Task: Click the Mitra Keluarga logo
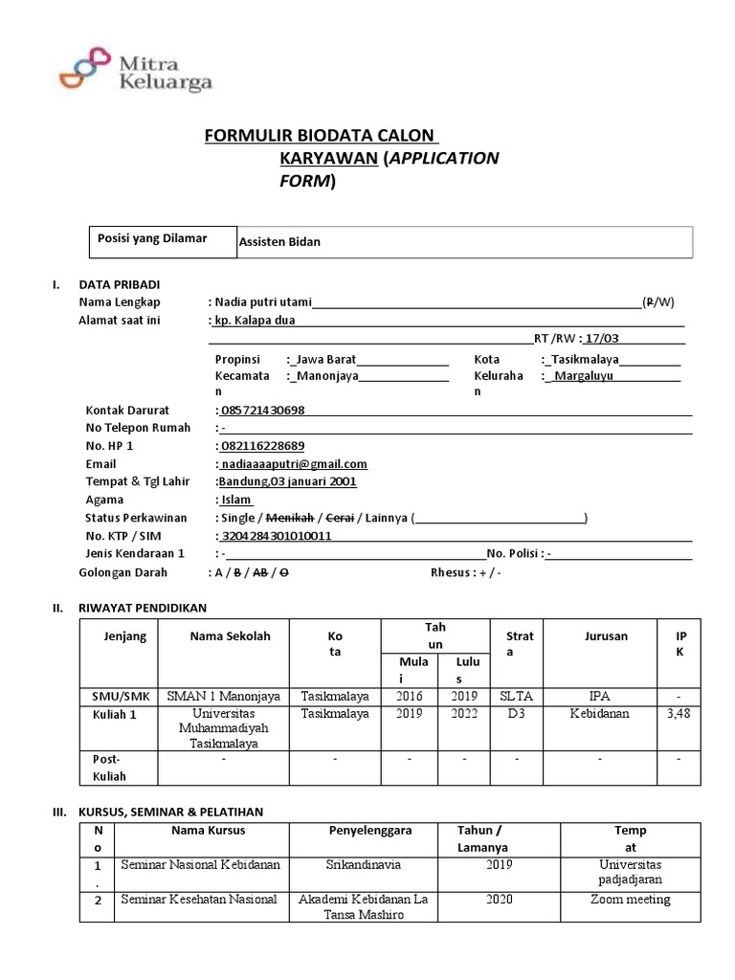pos(134,72)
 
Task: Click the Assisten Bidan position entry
pos(279,242)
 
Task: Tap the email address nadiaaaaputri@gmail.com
pos(294,463)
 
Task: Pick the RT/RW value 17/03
pos(601,338)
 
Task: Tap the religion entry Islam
pos(235,500)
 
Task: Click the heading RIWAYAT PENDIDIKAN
pos(142,607)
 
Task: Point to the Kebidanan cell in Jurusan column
pos(600,714)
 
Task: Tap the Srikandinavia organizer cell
pos(363,864)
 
